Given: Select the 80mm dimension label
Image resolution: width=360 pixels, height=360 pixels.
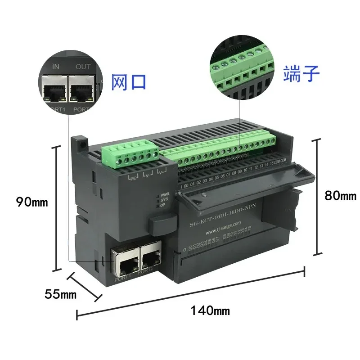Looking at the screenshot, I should coord(340,196).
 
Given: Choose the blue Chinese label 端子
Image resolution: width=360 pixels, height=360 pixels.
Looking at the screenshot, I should coord(301,73).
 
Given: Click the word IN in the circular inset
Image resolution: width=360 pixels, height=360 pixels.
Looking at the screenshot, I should coord(56,67).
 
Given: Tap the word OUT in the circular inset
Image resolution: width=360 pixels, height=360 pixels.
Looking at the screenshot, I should coord(83,67).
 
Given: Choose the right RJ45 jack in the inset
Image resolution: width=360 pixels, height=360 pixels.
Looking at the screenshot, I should coord(81,90).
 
